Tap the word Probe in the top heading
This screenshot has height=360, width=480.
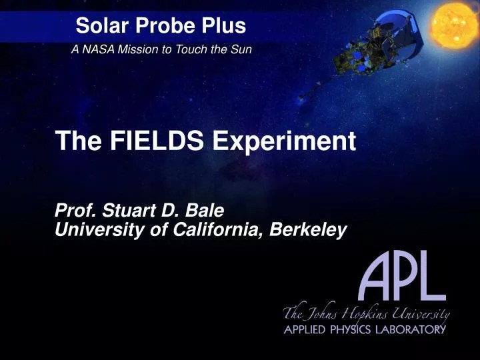(159, 27)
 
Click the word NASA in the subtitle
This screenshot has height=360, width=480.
(95, 50)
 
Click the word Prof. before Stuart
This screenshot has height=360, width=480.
(76, 213)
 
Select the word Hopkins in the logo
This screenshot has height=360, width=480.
(363, 314)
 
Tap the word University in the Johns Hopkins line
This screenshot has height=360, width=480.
(420, 313)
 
